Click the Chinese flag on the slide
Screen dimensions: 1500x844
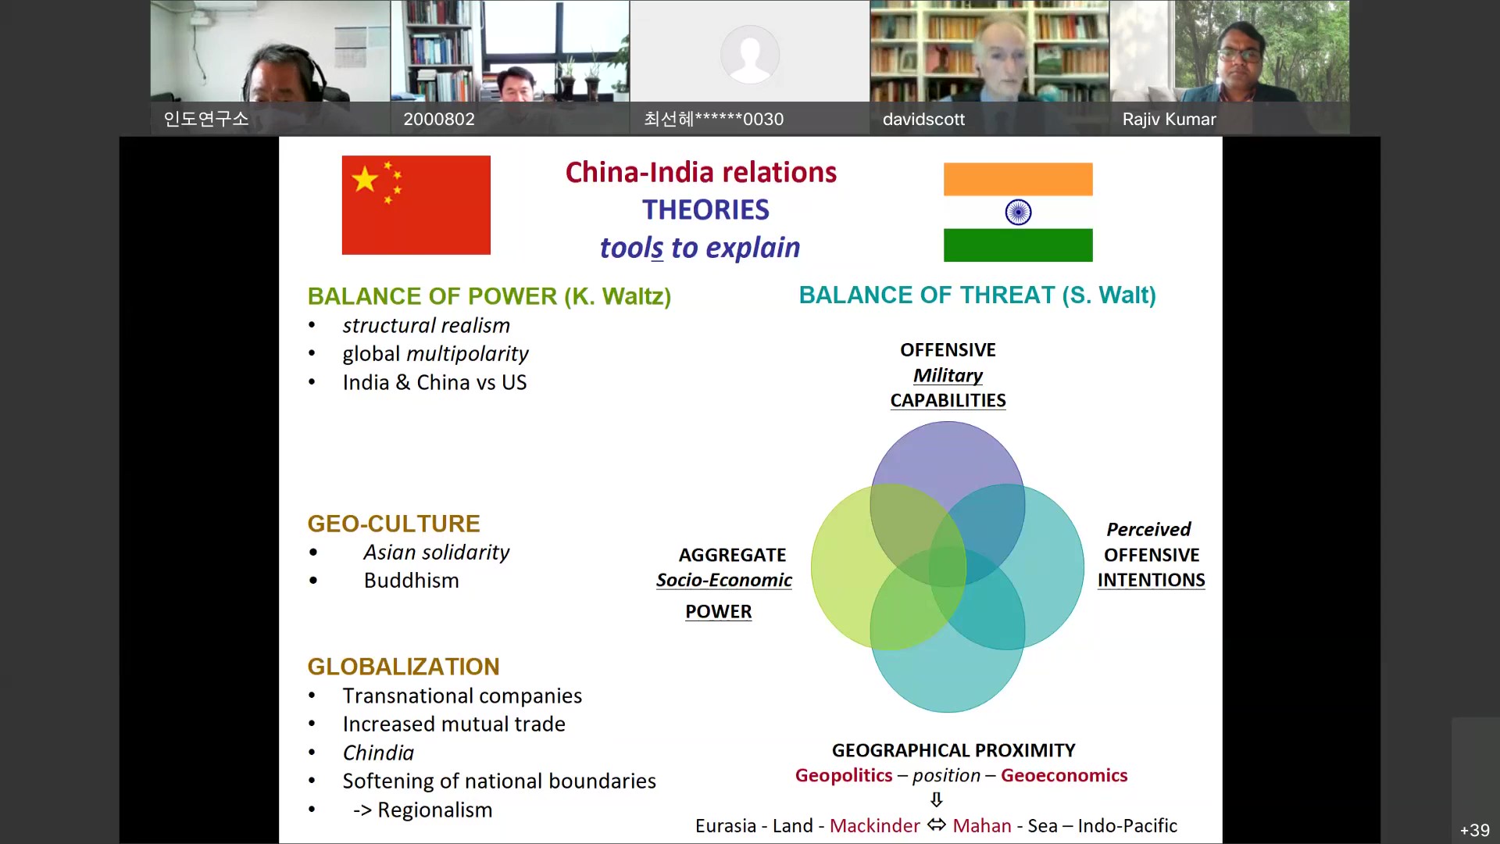click(x=416, y=205)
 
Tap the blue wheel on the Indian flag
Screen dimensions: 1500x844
click(x=1018, y=212)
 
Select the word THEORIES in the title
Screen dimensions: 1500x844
click(x=705, y=209)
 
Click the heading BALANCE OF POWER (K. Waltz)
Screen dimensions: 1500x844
click(x=489, y=296)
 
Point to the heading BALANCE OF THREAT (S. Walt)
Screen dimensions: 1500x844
click(x=977, y=295)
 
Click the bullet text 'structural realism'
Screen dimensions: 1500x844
click(x=426, y=325)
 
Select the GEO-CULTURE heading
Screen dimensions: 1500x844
click(x=394, y=524)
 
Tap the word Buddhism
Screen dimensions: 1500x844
click(x=411, y=581)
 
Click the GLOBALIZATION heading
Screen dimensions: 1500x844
click(x=403, y=667)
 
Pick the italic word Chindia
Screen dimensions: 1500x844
click(x=378, y=753)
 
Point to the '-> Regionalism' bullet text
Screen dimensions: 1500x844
click(x=423, y=810)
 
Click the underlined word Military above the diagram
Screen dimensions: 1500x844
click(x=948, y=375)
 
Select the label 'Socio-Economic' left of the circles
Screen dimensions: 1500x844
click(x=723, y=580)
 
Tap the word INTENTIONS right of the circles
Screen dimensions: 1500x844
click(x=1151, y=580)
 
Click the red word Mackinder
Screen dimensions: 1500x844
click(x=874, y=826)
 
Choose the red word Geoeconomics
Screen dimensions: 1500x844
click(x=1064, y=775)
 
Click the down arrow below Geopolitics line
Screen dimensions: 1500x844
click(x=937, y=799)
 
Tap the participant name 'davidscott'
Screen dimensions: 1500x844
click(x=923, y=119)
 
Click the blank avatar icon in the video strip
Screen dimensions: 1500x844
click(x=749, y=54)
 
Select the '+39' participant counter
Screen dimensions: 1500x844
click(x=1475, y=830)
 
